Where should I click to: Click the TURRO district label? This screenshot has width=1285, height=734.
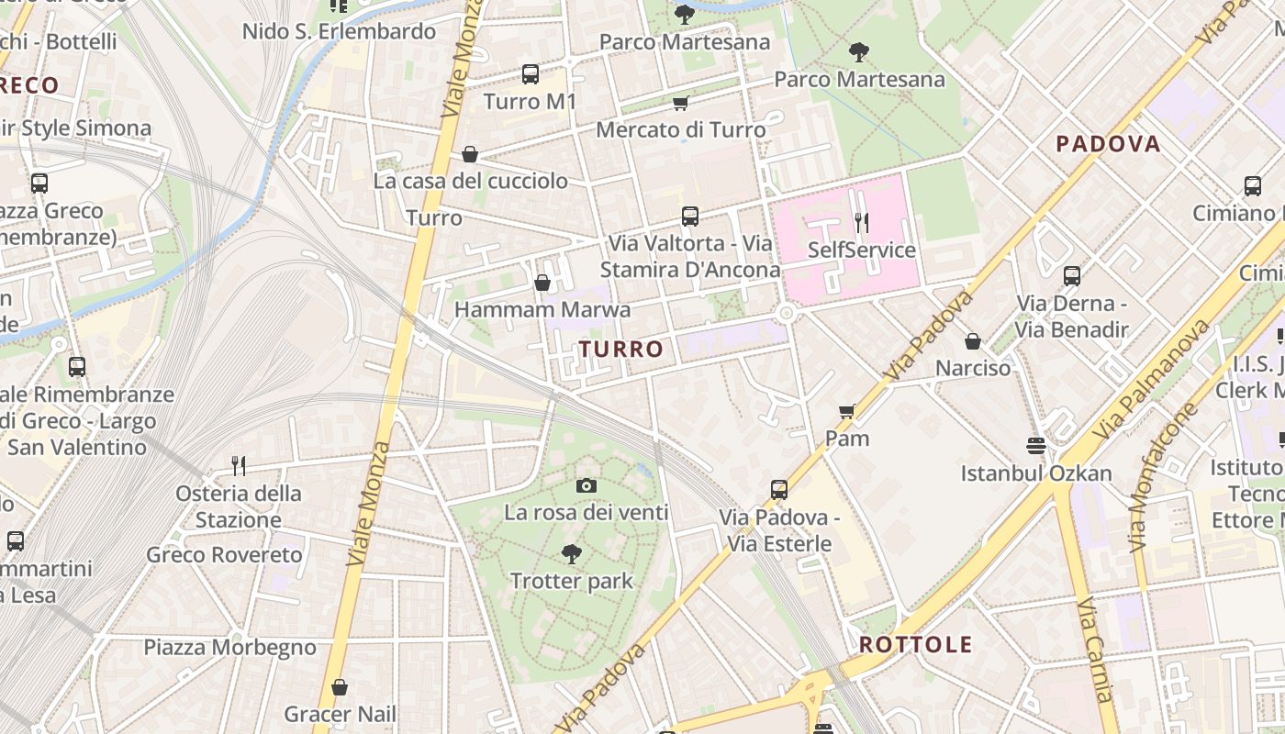(620, 349)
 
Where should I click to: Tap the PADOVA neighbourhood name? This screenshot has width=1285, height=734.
(1108, 144)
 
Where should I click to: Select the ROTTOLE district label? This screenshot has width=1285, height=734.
(915, 644)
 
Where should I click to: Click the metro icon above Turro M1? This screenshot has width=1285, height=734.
(531, 74)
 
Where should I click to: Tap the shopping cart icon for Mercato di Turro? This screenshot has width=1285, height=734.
(680, 103)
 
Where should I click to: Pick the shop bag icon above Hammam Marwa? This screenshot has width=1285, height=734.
(542, 283)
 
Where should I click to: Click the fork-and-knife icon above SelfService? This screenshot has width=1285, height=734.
(861, 222)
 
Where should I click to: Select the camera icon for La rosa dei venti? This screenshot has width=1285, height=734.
(587, 485)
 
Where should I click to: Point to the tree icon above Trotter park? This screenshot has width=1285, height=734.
(571, 553)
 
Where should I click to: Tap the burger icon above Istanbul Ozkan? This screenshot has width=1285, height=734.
(1036, 446)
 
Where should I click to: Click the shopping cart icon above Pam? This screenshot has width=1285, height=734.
(847, 411)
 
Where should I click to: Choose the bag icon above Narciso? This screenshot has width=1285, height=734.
(973, 341)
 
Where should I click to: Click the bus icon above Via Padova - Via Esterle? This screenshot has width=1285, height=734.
(779, 489)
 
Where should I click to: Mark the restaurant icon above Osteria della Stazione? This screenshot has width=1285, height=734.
(239, 466)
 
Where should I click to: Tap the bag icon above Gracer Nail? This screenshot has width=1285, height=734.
(340, 686)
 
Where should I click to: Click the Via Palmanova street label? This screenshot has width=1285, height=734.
(1151, 381)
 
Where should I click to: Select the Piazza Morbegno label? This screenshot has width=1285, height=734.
(229, 648)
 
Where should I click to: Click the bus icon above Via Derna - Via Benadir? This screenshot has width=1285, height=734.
(1071, 275)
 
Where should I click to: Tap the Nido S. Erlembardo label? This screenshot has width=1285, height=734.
(339, 31)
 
